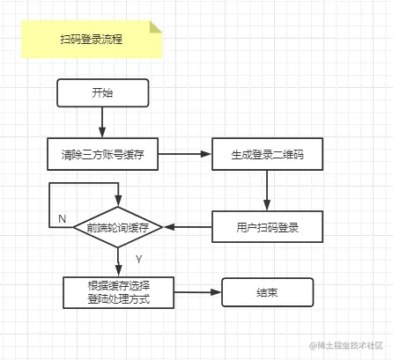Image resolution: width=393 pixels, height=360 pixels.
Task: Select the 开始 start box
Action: pos(102,92)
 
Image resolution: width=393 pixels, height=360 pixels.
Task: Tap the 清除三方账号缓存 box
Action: pos(102,155)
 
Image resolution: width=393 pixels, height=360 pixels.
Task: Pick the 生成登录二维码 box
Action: pos(267,155)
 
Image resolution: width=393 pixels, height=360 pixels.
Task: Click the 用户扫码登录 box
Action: pos(267,228)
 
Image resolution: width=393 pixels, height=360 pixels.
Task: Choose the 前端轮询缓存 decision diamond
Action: pos(118,228)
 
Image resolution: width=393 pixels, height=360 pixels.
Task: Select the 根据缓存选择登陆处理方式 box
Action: pos(118,292)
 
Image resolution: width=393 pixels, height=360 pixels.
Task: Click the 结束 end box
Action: pos(267,292)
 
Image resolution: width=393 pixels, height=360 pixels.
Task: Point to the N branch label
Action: pos(62,217)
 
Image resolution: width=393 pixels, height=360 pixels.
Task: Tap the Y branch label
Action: pos(138,260)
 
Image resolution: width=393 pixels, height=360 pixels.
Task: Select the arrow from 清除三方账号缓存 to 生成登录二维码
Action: pos(184,155)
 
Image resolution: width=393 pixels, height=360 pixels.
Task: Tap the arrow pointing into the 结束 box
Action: pos(197,292)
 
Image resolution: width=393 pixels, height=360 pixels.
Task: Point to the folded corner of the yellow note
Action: pos(156,27)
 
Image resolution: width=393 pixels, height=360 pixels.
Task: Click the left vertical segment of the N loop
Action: pos(50,205)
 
